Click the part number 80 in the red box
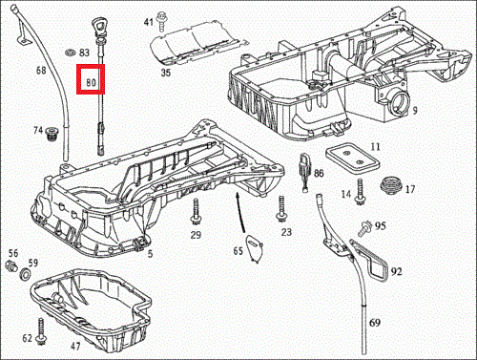(91, 82)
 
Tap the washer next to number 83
(70, 52)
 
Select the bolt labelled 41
(161, 21)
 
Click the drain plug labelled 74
(51, 134)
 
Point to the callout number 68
(41, 70)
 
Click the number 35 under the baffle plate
(166, 73)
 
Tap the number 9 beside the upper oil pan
(415, 111)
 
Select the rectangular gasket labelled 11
(353, 158)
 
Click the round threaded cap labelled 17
(391, 184)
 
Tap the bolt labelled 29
(196, 212)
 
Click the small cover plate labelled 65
(256, 248)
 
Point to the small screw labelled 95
(365, 228)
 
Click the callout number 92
(396, 271)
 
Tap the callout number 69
(375, 323)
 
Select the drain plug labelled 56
(10, 266)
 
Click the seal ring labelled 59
(25, 274)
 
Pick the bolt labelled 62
(41, 331)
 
